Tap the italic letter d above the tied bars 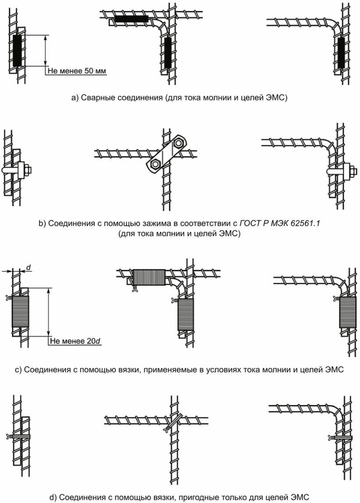(29, 266)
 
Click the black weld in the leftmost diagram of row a (17, 50)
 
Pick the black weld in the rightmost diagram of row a (342, 52)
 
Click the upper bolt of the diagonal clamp (178, 143)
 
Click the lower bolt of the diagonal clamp (155, 164)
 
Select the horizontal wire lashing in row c (148, 277)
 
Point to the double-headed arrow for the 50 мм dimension (46, 50)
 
